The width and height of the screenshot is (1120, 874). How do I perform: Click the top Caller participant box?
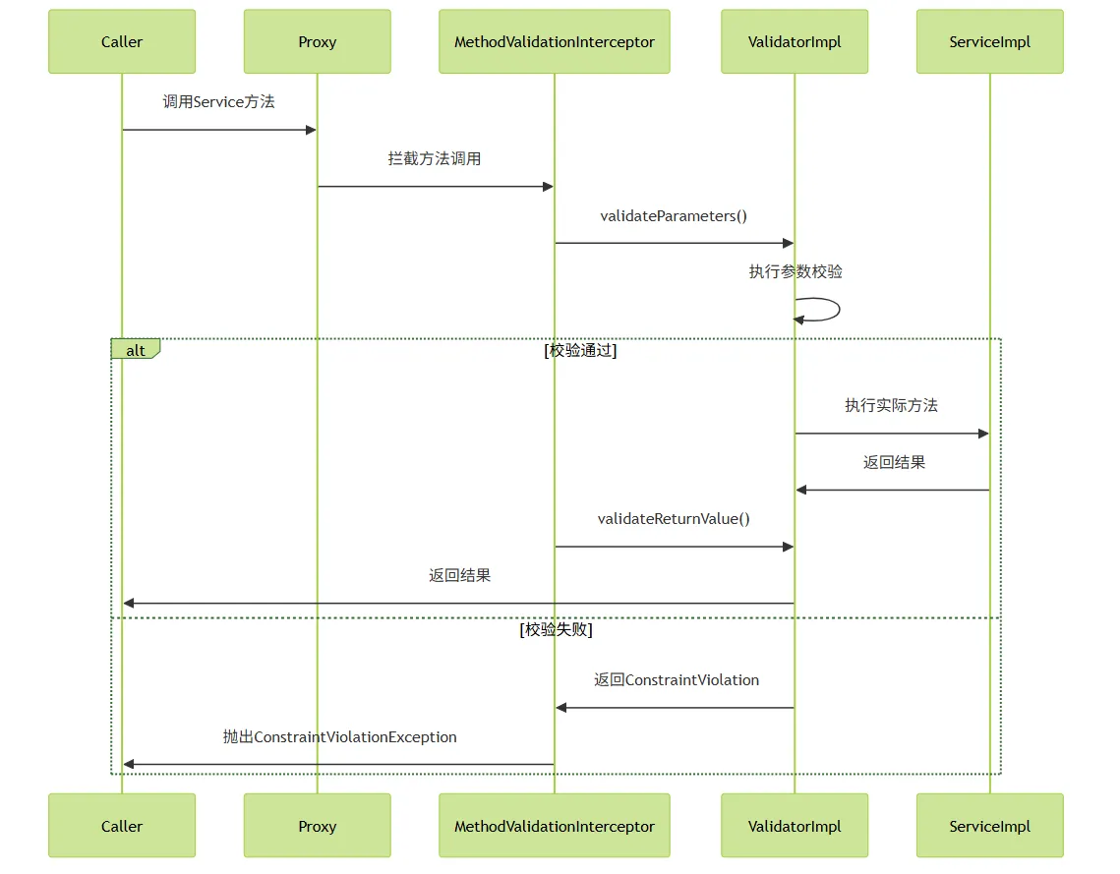click(x=121, y=41)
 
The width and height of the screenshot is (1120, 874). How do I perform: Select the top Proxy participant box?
click(x=318, y=41)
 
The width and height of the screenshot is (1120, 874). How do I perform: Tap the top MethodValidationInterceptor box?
click(x=555, y=41)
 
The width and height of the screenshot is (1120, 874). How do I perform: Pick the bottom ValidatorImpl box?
click(x=795, y=826)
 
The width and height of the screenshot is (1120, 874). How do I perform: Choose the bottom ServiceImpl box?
click(x=990, y=826)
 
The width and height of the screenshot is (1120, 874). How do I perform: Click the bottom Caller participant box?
click(x=121, y=826)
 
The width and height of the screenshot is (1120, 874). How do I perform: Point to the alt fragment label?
click(x=135, y=349)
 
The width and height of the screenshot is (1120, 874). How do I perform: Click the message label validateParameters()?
click(x=674, y=215)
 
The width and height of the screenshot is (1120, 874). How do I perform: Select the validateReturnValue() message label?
click(x=674, y=518)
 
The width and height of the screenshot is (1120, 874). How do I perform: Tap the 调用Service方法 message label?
click(x=218, y=101)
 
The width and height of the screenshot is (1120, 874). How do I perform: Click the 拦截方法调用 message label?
click(x=435, y=158)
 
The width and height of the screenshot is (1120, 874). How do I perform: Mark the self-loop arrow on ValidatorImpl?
click(x=839, y=309)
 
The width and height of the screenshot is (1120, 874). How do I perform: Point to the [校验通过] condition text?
click(x=580, y=350)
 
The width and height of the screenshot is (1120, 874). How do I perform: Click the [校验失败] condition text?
click(x=556, y=629)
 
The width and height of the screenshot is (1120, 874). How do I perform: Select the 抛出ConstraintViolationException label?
click(x=340, y=737)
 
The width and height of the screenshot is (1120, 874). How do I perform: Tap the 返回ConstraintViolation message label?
click(x=677, y=679)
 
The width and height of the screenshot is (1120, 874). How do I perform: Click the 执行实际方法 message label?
click(x=892, y=406)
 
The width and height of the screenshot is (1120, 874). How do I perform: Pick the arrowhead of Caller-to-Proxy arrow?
click(x=311, y=130)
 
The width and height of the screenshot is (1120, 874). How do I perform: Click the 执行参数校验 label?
click(x=796, y=271)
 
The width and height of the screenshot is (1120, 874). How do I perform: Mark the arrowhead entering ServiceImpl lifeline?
click(x=983, y=434)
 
